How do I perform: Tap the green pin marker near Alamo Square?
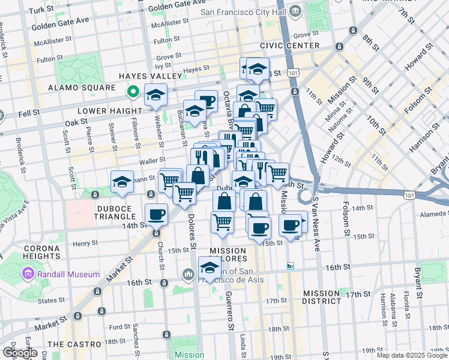click(x=133, y=92)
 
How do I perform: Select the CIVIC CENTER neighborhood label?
click(x=289, y=46)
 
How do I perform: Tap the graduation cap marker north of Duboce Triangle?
click(x=122, y=181)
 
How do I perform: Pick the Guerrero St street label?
click(x=231, y=311)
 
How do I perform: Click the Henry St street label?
click(x=85, y=244)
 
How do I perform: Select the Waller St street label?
click(x=152, y=160)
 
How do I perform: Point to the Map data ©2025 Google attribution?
click(x=411, y=355)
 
